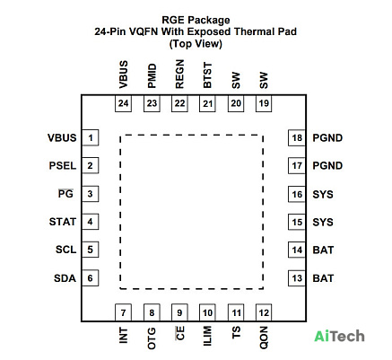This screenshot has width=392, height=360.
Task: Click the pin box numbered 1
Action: pyautogui.click(x=91, y=137)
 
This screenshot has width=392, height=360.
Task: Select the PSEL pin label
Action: pyautogui.click(x=63, y=166)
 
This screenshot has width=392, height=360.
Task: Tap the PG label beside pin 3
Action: pyautogui.click(x=65, y=194)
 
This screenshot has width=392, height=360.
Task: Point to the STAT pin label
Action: pyautogui.click(x=63, y=222)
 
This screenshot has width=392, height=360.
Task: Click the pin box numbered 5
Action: pyautogui.click(x=91, y=250)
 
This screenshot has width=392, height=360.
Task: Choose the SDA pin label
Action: pyautogui.click(x=65, y=278)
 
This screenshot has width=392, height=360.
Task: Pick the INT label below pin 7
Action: pyautogui.click(x=123, y=335)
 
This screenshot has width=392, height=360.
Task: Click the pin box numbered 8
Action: pyautogui.click(x=152, y=312)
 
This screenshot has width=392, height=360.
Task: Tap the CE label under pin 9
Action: pyautogui.click(x=180, y=333)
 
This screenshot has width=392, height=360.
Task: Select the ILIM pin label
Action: pyautogui.click(x=207, y=336)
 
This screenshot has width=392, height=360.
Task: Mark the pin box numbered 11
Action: pyautogui.click(x=236, y=312)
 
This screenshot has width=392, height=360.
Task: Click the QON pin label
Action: pyautogui.click(x=264, y=338)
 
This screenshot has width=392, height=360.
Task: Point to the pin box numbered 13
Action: pyautogui.click(x=297, y=278)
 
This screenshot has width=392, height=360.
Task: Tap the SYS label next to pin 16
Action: pyautogui.click(x=323, y=195)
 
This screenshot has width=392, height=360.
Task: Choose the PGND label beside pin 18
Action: pyautogui.click(x=327, y=138)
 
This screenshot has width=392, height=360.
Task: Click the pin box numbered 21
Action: pyautogui.click(x=207, y=103)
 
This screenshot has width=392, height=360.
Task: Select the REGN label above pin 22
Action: pyautogui.click(x=179, y=74)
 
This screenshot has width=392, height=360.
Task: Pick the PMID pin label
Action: pyautogui.click(x=152, y=75)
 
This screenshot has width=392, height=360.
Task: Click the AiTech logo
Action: pyautogui.click(x=339, y=336)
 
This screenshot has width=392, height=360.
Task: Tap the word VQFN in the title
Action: pyautogui.click(x=144, y=31)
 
